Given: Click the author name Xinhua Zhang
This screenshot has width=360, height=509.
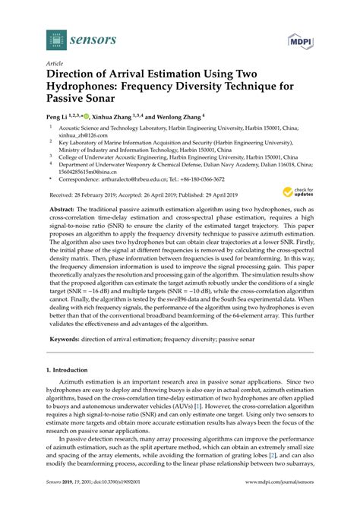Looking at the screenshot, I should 115,118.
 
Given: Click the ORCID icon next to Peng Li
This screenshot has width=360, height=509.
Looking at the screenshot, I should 87,118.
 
